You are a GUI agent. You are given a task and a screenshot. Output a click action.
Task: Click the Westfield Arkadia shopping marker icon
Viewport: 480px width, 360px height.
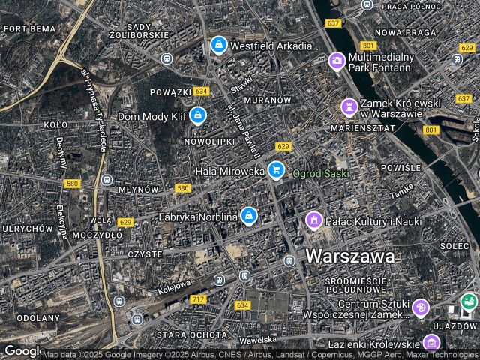pos(218,45)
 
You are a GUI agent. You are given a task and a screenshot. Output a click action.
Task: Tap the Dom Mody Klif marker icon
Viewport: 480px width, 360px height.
pos(198,115)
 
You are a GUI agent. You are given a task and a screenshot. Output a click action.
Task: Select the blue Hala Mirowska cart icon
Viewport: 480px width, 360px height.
pos(276,171)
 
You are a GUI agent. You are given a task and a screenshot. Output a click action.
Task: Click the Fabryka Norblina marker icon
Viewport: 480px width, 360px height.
pos(249,217)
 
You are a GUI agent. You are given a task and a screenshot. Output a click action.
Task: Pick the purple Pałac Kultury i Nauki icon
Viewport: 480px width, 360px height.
pos(313,220)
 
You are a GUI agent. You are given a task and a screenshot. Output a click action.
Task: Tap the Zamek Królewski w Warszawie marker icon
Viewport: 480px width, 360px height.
pos(349,106)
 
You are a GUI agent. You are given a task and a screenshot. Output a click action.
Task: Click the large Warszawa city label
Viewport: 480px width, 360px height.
pos(349,256)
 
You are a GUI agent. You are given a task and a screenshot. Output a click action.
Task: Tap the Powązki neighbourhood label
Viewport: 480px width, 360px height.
pos(171,91)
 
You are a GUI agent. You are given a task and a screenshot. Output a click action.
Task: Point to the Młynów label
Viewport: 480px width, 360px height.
pos(139,190)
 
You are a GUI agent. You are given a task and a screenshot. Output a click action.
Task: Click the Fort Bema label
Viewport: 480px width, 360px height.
pos(19,28)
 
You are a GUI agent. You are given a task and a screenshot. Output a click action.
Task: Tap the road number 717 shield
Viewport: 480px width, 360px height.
pos(198,300)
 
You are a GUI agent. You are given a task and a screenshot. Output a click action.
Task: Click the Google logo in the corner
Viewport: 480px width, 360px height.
pos(22,351)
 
